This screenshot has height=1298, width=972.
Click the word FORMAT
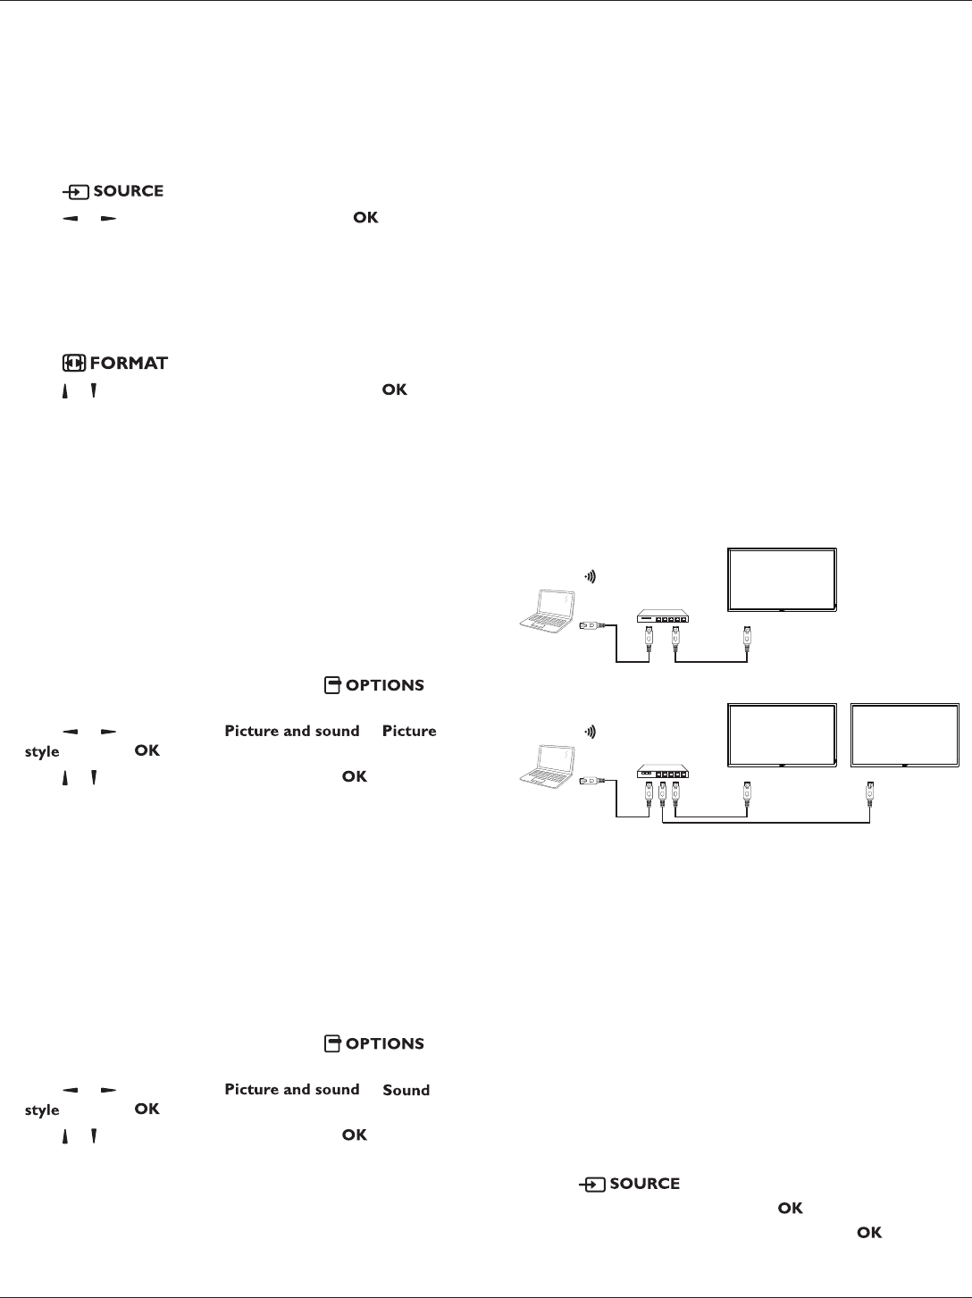pyautogui.click(x=129, y=364)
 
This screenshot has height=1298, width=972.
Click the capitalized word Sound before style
pyautogui.click(x=406, y=1090)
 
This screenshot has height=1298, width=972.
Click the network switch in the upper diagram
pyautogui.click(x=663, y=617)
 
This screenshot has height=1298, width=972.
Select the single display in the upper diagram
pyautogui.click(x=782, y=580)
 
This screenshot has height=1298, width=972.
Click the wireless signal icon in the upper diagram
pyautogui.click(x=591, y=577)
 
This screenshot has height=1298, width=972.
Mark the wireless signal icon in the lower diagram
pyautogui.click(x=591, y=732)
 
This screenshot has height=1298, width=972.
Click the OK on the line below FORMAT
pyautogui.click(x=395, y=390)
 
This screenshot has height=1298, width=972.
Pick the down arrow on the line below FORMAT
pyautogui.click(x=93, y=391)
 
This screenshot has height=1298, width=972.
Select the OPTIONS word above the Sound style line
pyautogui.click(x=384, y=1044)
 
